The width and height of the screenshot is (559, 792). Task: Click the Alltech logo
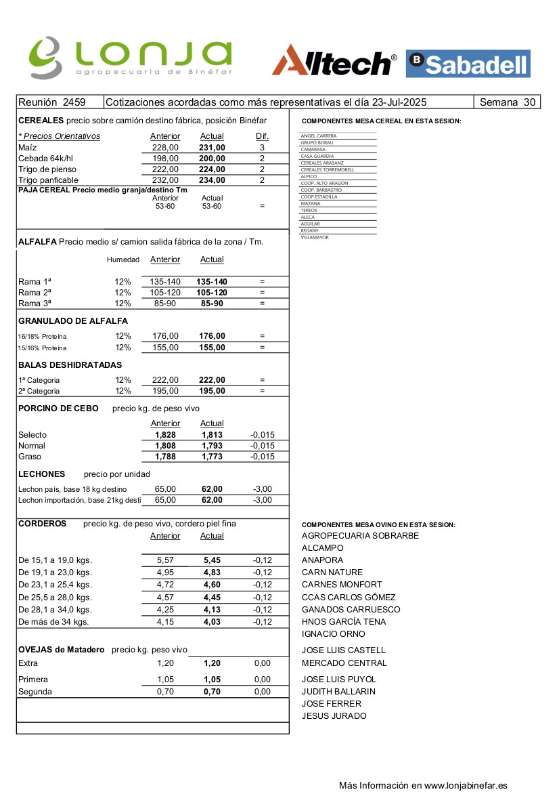(334, 62)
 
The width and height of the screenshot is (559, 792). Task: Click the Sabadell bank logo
(468, 64)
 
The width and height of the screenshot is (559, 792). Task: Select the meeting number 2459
(74, 102)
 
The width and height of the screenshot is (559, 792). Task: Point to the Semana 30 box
(507, 102)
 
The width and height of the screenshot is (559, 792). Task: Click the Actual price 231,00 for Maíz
(212, 147)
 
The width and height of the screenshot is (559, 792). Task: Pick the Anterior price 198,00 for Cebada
(165, 158)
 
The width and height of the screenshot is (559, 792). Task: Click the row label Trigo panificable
(48, 180)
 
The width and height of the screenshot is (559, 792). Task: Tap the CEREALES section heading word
(41, 120)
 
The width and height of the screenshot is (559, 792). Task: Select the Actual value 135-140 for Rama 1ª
(212, 282)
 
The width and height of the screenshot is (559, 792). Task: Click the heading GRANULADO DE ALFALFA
(73, 320)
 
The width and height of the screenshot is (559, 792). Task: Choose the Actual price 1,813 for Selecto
(212, 435)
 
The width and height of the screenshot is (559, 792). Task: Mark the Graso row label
(30, 457)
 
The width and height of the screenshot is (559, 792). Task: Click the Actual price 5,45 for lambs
(212, 560)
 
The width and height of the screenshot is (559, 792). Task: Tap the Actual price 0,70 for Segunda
(212, 692)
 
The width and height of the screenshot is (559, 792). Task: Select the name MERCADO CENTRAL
(344, 663)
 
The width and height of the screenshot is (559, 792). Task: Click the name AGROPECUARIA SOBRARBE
(360, 536)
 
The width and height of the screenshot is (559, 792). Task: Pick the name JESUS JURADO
(334, 716)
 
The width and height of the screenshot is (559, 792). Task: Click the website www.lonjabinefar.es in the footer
(466, 786)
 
